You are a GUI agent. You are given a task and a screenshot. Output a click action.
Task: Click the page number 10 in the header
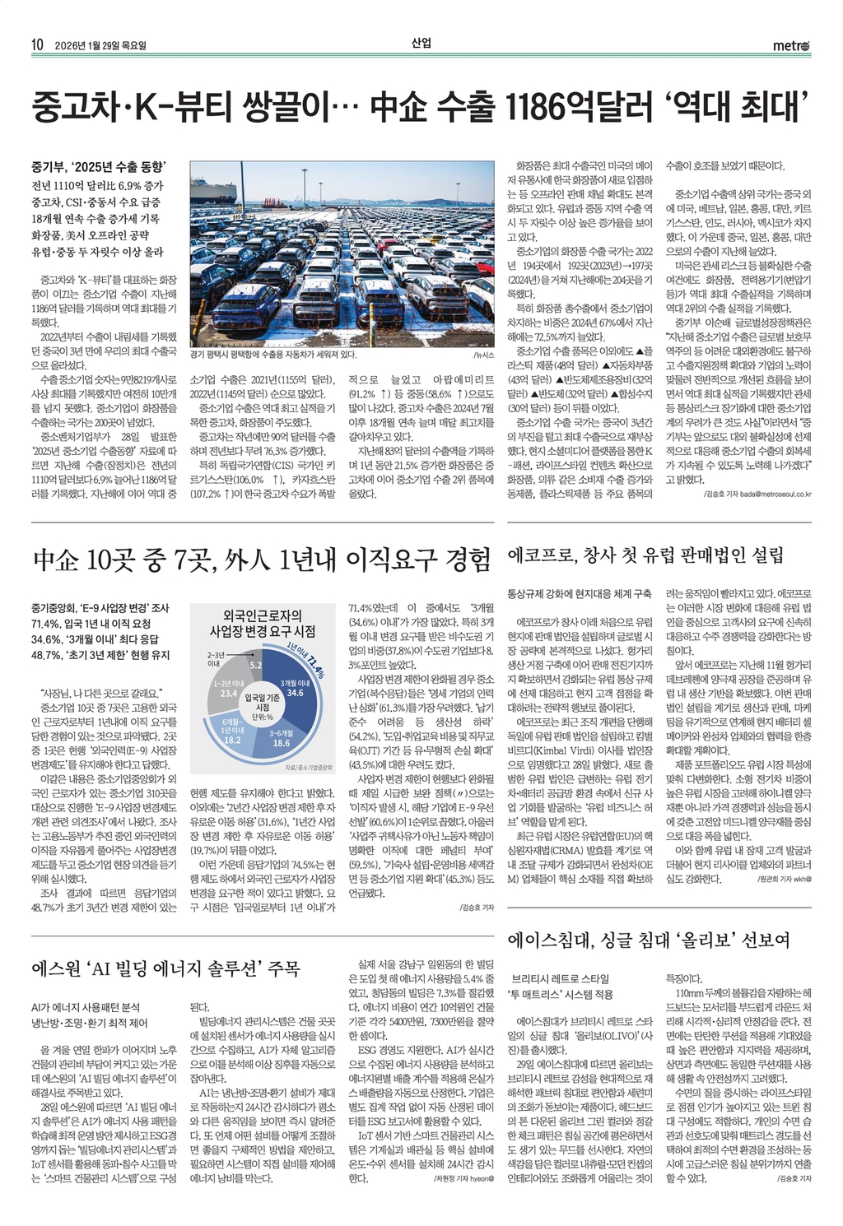pos(37,45)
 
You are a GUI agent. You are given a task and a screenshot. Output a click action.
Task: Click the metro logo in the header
pos(792,46)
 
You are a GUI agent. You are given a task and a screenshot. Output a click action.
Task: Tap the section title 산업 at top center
pos(421,44)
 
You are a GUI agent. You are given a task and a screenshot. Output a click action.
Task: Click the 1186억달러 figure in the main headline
pos(580,107)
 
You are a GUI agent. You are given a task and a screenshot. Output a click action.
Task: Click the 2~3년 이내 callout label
pos(215,658)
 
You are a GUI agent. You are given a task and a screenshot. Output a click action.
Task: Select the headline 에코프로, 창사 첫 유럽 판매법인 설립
pos(645,555)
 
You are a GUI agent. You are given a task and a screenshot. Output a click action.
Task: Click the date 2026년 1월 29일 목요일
pos(100,46)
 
